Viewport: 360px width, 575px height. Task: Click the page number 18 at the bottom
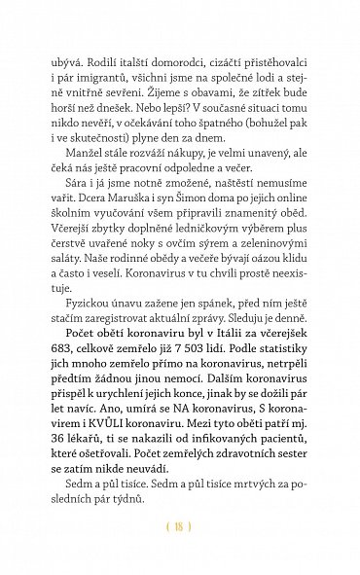(x=179, y=527)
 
